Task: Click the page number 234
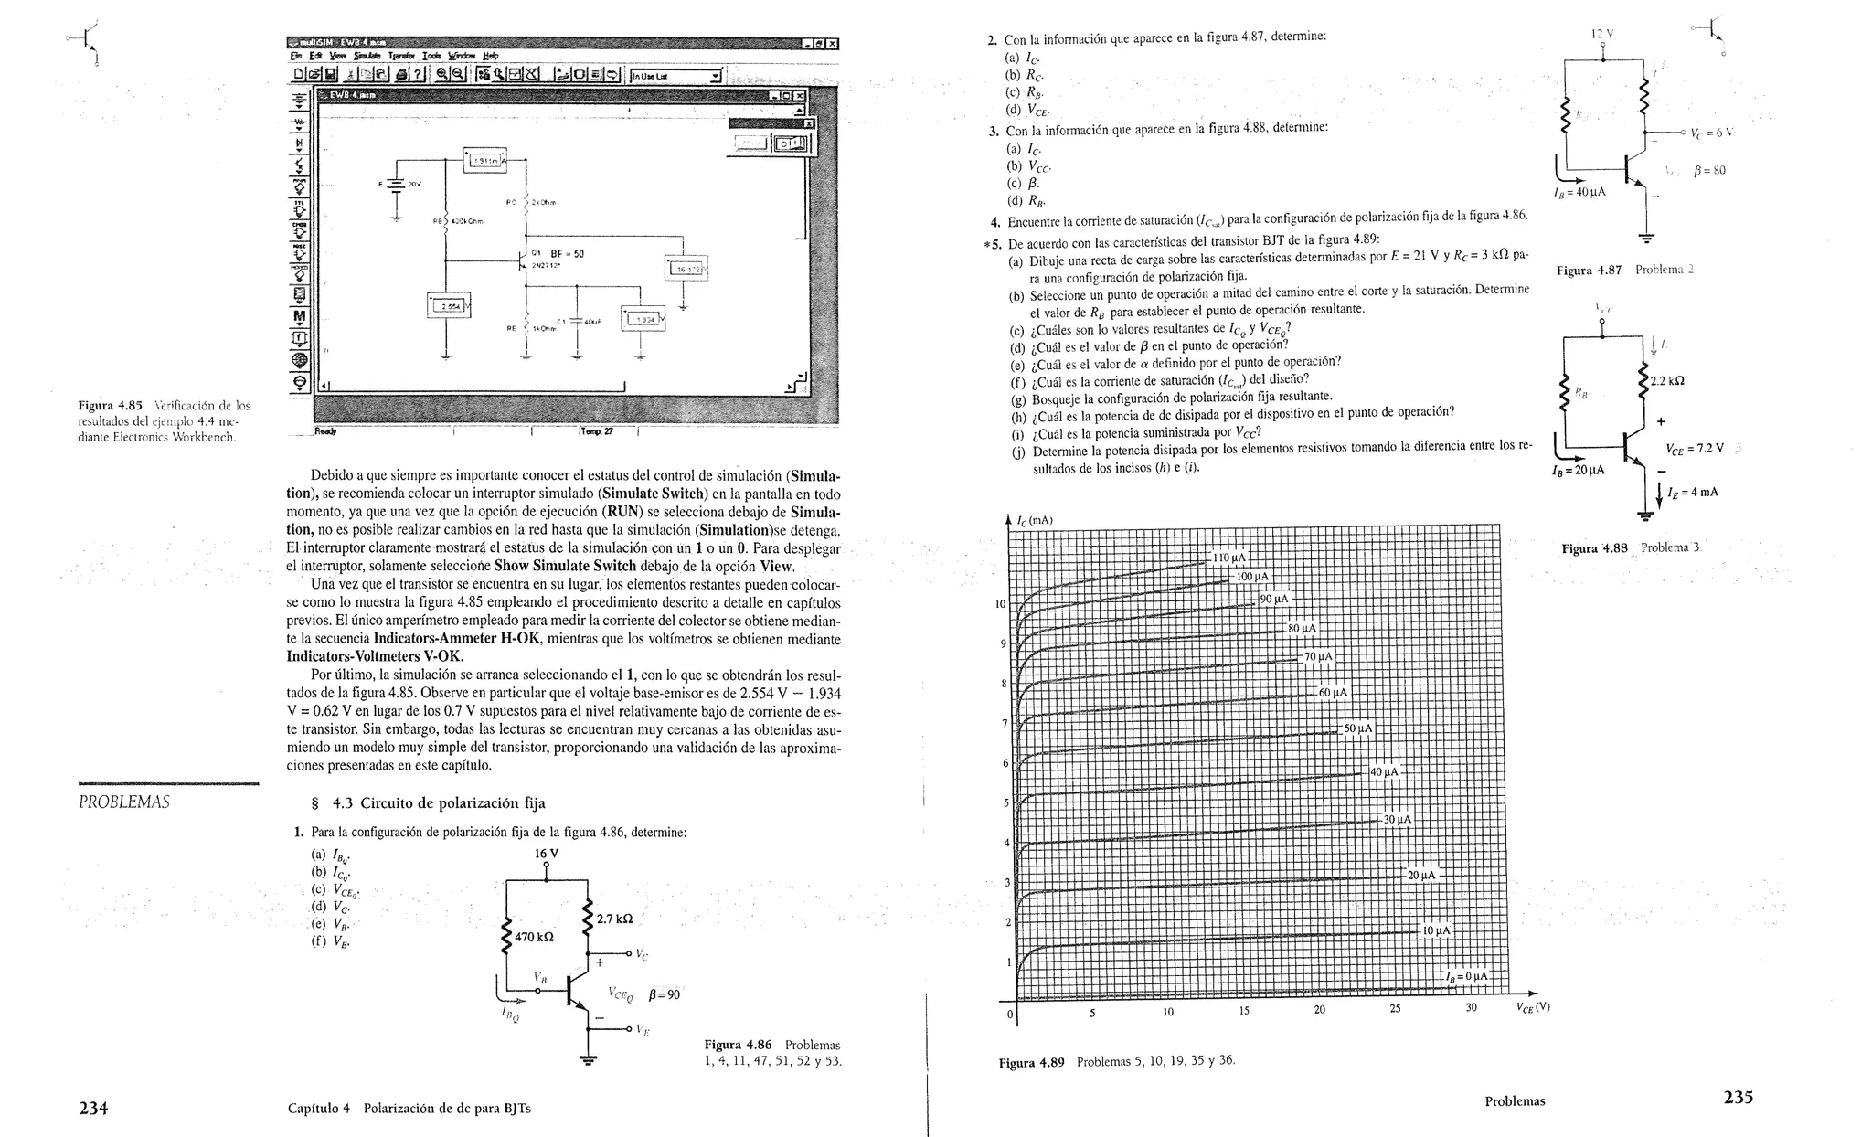pyautogui.click(x=93, y=1108)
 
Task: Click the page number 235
pyautogui.click(x=1738, y=1098)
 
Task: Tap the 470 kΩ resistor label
pyautogui.click(x=534, y=937)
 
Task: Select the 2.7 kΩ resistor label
pyautogui.click(x=614, y=919)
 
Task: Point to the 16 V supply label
pyautogui.click(x=546, y=854)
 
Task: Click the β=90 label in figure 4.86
pyautogui.click(x=664, y=994)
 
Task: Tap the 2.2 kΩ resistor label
pyautogui.click(x=1667, y=381)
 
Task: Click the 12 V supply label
pyautogui.click(x=1602, y=34)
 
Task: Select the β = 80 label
pyautogui.click(x=1708, y=170)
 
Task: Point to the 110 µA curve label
pyautogui.click(x=1229, y=558)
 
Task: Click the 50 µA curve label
pyautogui.click(x=1357, y=728)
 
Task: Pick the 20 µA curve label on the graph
pyautogui.click(x=1421, y=875)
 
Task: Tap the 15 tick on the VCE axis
pyautogui.click(x=1244, y=1011)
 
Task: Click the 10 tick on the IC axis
pyautogui.click(x=1000, y=604)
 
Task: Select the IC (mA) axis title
pyautogui.click(x=1035, y=521)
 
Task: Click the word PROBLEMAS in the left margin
pyautogui.click(x=124, y=802)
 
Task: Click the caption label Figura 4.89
pyautogui.click(x=1031, y=1063)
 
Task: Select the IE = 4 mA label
pyautogui.click(x=1693, y=492)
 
